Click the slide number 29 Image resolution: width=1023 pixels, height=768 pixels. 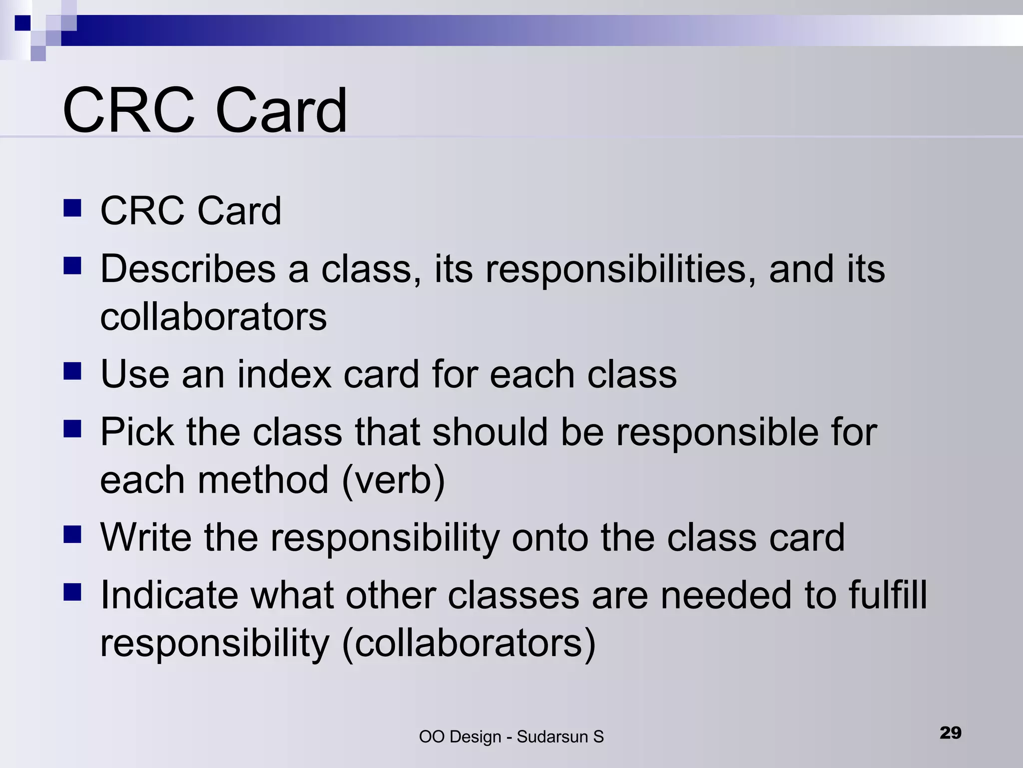point(950,732)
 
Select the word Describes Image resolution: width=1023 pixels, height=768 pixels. point(188,269)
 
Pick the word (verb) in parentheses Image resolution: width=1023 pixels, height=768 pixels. point(393,480)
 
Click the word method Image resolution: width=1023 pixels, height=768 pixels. point(264,480)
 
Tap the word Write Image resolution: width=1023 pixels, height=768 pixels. point(145,537)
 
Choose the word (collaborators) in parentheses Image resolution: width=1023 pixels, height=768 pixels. point(469,643)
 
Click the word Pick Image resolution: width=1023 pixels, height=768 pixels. point(136,432)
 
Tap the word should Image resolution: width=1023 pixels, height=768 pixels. point(490,432)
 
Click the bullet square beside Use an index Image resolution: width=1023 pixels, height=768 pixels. point(72,371)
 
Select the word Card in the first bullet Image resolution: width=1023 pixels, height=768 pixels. point(239,211)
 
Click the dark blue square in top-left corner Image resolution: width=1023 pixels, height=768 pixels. point(22,23)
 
